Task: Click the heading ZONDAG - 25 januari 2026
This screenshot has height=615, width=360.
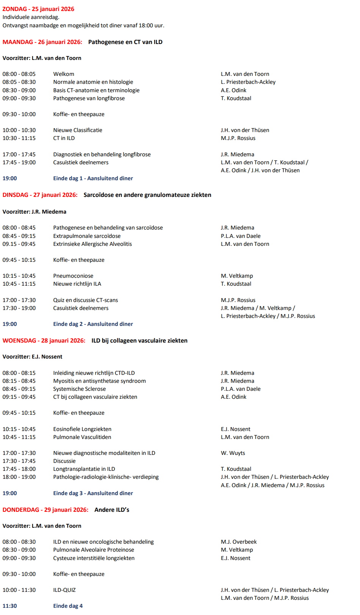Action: [x=38, y=9]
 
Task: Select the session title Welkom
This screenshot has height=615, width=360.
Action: [x=64, y=74]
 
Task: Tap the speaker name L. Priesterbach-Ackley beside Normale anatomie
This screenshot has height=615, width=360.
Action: [x=248, y=82]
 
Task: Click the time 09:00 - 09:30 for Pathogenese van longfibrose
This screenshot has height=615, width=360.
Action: [x=19, y=98]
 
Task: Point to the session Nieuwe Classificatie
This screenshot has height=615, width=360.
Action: [x=78, y=130]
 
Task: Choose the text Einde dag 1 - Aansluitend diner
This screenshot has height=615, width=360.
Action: [x=93, y=178]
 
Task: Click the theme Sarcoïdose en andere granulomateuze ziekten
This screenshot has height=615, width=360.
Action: [x=147, y=195]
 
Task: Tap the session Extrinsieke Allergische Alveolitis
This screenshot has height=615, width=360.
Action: [x=93, y=244]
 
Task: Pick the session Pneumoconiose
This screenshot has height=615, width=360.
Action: [x=73, y=276]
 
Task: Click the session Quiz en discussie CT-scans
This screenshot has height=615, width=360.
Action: [x=85, y=300]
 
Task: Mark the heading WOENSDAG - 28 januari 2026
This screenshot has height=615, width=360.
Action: [x=44, y=341]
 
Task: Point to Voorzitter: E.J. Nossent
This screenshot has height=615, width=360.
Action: [x=33, y=357]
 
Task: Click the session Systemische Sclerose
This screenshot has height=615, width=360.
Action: [x=79, y=389]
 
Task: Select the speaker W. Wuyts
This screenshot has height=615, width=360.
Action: [x=233, y=453]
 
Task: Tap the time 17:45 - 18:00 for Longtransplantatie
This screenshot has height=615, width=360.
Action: [x=19, y=469]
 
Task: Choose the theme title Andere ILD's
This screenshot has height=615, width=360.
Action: [x=112, y=510]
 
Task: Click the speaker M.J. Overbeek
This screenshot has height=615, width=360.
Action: [x=239, y=542]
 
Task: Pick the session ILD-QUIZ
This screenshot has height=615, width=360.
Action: [x=64, y=590]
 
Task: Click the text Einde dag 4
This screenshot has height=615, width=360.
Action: [x=68, y=606]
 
